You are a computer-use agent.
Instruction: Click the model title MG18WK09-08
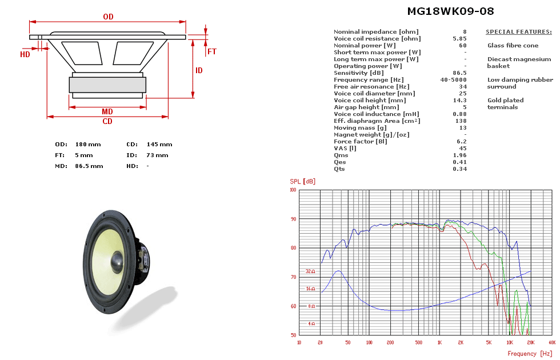point(450,11)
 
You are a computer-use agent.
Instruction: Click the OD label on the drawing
point(108,17)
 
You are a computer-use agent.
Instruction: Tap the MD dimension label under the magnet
point(107,111)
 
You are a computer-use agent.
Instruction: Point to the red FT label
point(212,51)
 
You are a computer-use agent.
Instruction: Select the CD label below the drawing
point(107,122)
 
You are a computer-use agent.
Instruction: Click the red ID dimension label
point(199,71)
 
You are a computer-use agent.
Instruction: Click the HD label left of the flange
point(25,55)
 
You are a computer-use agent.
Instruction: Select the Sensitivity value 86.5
point(459,73)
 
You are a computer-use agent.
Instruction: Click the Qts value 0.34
point(459,169)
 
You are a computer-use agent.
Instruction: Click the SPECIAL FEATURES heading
point(518,32)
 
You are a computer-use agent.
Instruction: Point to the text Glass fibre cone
point(513,45)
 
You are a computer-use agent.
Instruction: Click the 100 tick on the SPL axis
point(293,190)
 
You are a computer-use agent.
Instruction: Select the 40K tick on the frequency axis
point(552,343)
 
